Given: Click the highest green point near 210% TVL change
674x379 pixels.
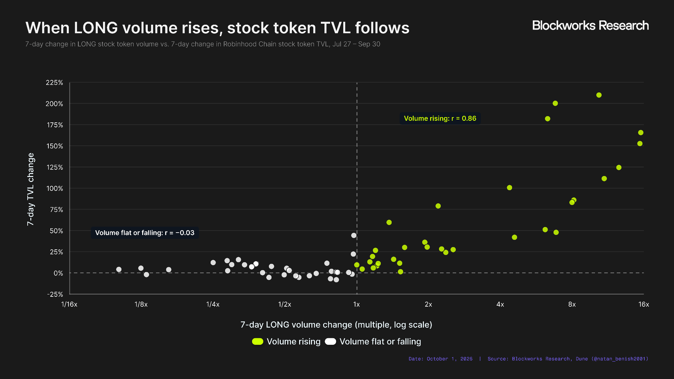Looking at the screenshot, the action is pos(599,95).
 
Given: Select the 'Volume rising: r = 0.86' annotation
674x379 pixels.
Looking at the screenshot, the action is pos(440,118).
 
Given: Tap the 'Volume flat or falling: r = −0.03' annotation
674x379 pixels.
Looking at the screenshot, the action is pos(145,233).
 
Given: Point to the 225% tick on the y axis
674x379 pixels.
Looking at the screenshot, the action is pos(54,83).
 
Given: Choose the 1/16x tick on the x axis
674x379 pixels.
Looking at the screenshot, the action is pos(69,304).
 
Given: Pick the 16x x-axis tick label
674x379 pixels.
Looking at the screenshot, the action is pos(644,304).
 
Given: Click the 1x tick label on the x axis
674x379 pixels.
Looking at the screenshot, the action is pos(357,304).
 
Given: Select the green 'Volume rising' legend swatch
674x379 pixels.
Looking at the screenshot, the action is pos(258,341).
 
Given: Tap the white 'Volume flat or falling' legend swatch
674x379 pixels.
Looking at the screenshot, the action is pos(330,341).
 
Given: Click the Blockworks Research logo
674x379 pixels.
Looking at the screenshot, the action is pos(590,26).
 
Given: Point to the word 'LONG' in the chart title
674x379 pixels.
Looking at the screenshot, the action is pos(96,28).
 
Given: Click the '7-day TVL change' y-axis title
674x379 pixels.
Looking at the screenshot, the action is pos(31,189).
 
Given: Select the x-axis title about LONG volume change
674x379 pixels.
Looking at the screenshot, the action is pos(336,325).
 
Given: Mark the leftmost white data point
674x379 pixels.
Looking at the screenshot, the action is pos(119,269).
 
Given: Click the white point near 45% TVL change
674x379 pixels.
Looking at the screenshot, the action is pos(354,236).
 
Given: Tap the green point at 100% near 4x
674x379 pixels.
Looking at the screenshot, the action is pos(509,188).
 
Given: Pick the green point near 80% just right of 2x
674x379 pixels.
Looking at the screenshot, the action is pos(438,206).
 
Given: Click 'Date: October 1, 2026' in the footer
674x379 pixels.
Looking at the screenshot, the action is pos(441,359).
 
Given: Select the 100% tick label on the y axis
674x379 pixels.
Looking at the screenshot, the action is pos(55,189).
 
